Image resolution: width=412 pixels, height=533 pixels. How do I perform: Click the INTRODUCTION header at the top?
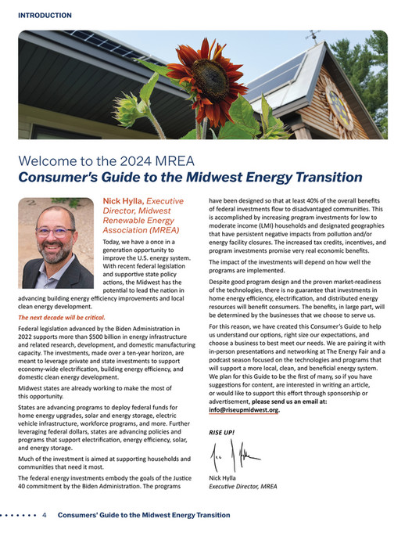pos(44,15)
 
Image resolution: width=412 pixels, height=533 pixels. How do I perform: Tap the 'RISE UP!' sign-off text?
pos(222,432)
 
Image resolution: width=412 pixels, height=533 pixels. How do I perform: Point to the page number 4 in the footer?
pos(45,515)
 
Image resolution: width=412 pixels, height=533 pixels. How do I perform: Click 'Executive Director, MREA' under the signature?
pos(243,487)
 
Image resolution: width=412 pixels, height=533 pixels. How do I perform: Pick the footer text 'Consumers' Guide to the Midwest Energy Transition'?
pos(145,515)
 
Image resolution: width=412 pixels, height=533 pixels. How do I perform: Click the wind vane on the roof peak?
pos(313,36)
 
